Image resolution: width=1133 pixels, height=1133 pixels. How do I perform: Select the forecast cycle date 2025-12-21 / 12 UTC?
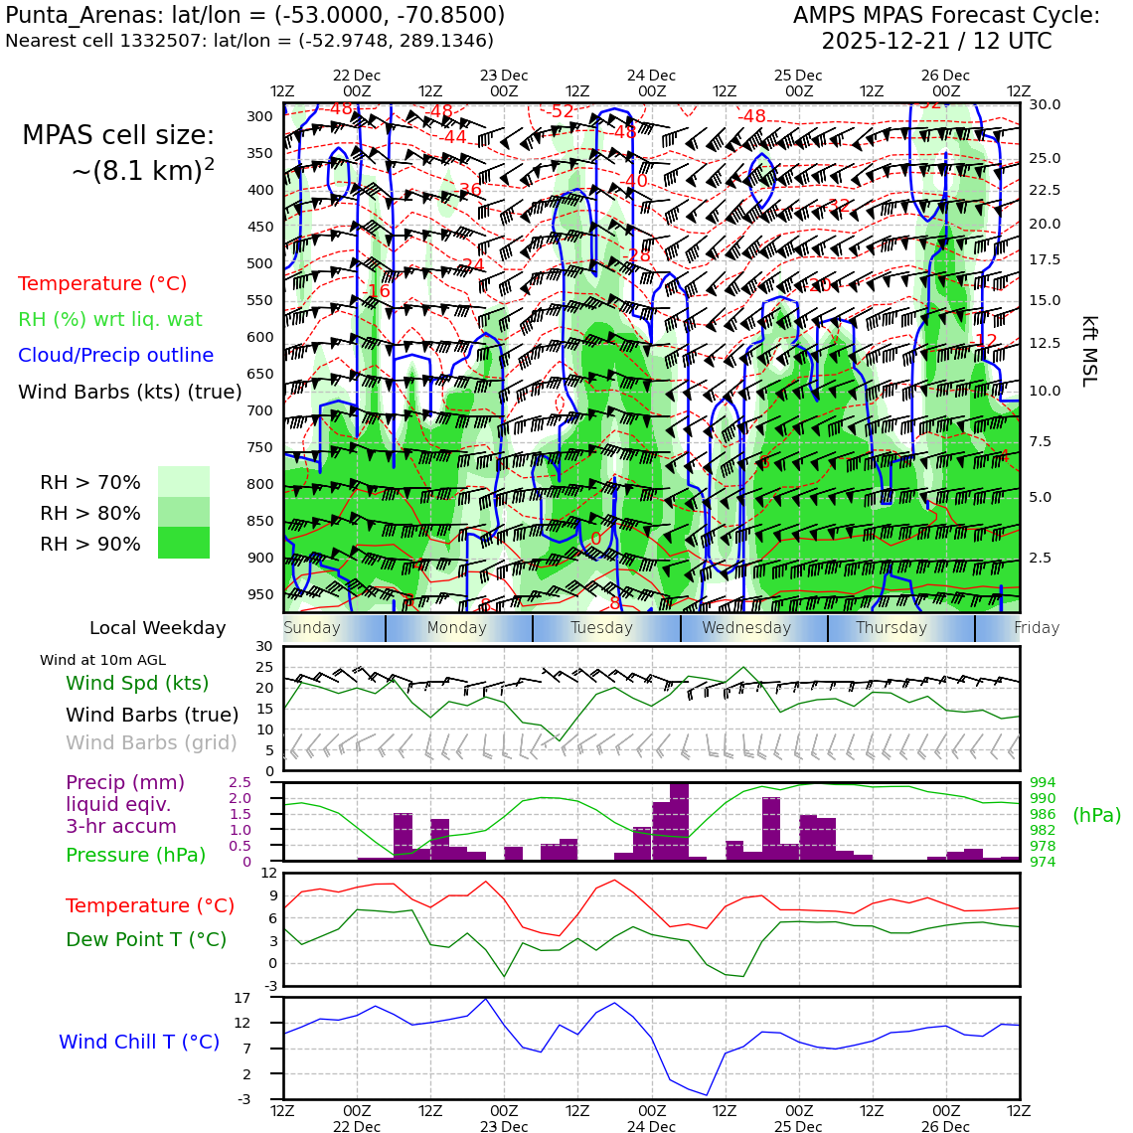[x=935, y=42]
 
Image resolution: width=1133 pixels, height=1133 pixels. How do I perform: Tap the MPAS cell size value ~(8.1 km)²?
[x=142, y=171]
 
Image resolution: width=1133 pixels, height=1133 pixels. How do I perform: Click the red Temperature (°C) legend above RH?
[x=102, y=283]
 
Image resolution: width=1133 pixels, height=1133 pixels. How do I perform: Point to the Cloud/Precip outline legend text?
[x=115, y=355]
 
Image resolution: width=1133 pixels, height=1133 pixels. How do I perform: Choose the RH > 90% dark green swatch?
[x=184, y=543]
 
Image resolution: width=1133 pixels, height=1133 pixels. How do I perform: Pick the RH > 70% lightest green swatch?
[x=184, y=481]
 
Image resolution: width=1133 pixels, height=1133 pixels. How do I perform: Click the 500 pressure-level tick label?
[x=259, y=263]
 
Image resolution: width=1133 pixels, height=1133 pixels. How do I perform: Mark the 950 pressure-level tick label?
[x=259, y=594]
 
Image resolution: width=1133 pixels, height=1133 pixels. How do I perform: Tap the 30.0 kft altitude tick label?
[x=1045, y=104]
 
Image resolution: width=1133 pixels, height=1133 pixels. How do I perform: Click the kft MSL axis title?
[x=1088, y=351]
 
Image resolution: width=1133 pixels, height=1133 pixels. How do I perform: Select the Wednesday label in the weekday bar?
[x=746, y=628]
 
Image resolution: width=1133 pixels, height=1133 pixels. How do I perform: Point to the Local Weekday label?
[x=157, y=628]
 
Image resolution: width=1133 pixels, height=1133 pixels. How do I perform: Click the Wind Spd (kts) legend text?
[x=137, y=683]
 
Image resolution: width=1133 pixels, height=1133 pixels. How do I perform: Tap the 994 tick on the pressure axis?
[x=1043, y=783]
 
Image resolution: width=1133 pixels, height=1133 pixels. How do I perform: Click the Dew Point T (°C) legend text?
[x=146, y=939]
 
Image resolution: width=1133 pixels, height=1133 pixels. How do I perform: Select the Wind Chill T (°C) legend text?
[x=139, y=1042]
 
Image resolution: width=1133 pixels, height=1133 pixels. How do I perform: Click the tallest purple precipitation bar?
[x=680, y=822]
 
